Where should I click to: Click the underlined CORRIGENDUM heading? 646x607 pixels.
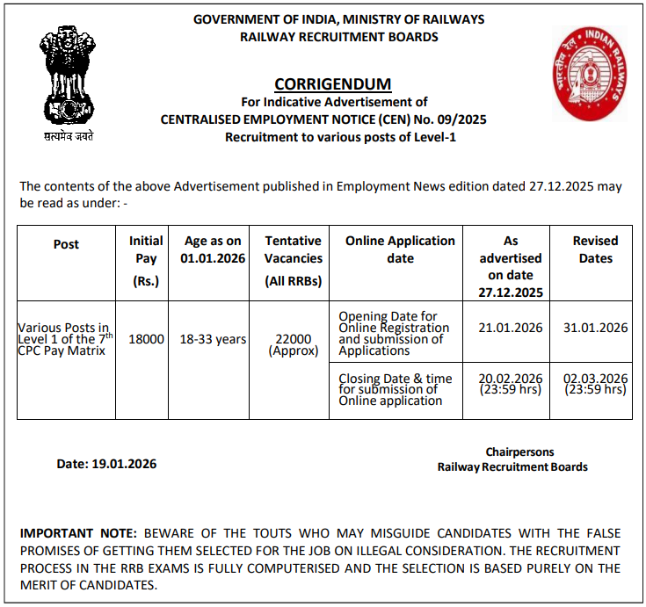point(332,84)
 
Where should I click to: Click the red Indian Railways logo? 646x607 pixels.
point(589,73)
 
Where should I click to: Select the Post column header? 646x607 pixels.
point(66,244)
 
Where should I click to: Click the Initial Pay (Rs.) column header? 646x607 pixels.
point(146,258)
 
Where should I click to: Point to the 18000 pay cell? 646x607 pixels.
point(146,339)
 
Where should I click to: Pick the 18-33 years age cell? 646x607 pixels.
point(212,339)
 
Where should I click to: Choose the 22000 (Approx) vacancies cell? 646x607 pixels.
point(293,344)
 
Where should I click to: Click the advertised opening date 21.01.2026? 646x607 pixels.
point(511,328)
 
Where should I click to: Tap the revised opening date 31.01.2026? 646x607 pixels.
point(595,328)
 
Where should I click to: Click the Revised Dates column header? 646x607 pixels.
point(595,249)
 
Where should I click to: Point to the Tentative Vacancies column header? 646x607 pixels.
point(293,258)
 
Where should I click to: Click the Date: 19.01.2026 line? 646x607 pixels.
point(106,464)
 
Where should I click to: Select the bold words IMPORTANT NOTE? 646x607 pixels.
point(78,533)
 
